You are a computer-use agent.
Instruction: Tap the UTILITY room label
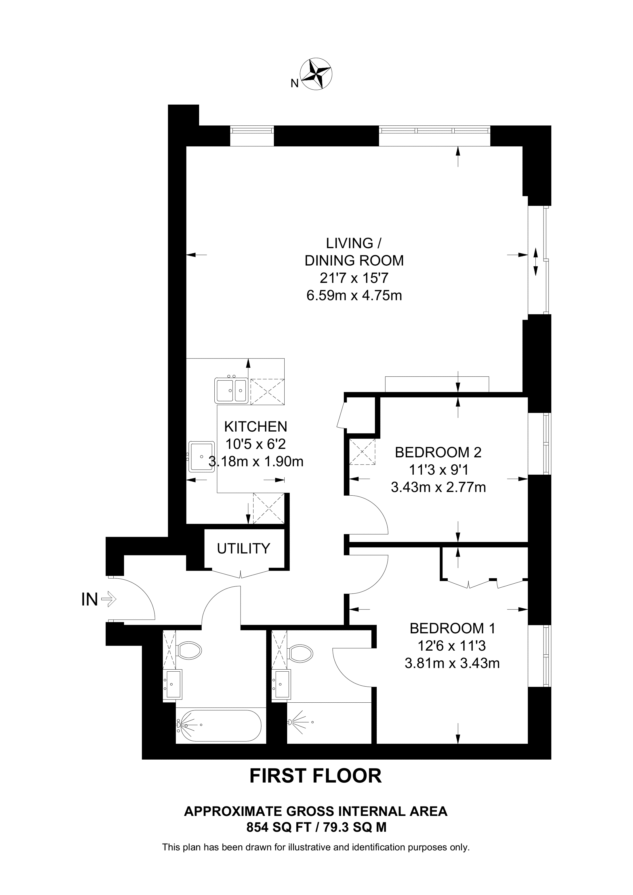(x=243, y=549)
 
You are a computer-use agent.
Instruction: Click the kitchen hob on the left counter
(x=201, y=457)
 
